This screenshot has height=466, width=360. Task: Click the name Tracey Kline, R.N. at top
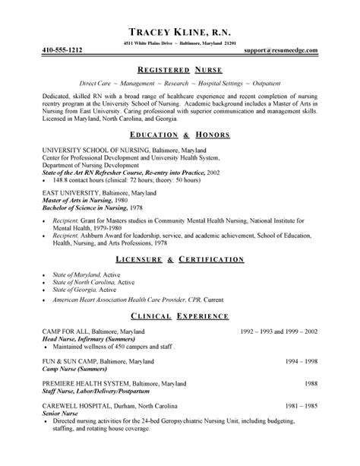pos(179,33)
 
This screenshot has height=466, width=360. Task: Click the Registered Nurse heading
pos(179,67)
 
